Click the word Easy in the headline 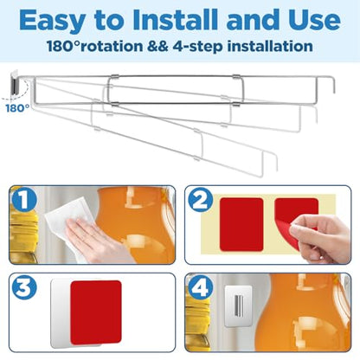pos(52,20)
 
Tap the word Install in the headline pos(176,20)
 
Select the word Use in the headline pos(312,20)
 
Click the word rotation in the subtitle pos(111,46)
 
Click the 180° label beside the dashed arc pos(17,108)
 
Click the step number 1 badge pos(24,199)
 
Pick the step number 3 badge pos(24,287)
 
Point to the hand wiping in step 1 pos(93,242)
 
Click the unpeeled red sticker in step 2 pos(241,224)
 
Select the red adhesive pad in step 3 pos(96,312)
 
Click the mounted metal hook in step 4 pos(239,305)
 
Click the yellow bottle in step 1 pos(23,231)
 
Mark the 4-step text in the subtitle pos(198,47)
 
